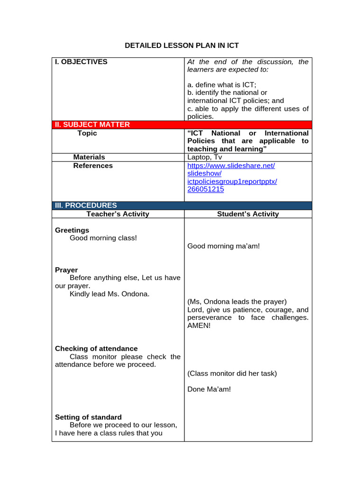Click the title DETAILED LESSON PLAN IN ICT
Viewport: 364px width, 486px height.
pyautogui.click(x=182, y=46)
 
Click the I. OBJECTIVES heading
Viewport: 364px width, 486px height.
pyautogui.click(x=81, y=62)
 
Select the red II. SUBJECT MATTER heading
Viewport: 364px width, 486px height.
pyautogui.click(x=92, y=125)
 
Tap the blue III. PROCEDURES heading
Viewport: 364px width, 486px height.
pyautogui.click(x=86, y=206)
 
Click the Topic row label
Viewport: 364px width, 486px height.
pyautogui.click(x=87, y=133)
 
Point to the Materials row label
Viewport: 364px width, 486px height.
pyautogui.click(x=89, y=157)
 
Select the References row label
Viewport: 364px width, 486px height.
pyautogui.click(x=93, y=166)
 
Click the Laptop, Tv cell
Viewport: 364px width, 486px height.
pyautogui.click(x=205, y=157)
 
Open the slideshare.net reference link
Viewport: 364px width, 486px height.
pyautogui.click(x=231, y=166)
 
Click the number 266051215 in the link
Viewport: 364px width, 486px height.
pyautogui.click(x=206, y=189)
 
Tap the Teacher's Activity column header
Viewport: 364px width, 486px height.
pyautogui.click(x=118, y=214)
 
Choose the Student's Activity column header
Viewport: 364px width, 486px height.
pyautogui.click(x=248, y=214)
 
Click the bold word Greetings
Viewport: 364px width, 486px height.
pyautogui.click(x=72, y=230)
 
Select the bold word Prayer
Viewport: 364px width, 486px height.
pyautogui.click(x=66, y=270)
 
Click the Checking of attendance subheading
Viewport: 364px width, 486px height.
pyautogui.click(x=96, y=348)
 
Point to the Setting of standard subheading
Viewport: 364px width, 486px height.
pyautogui.click(x=88, y=417)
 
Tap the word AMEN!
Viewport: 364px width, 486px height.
pyautogui.click(x=199, y=326)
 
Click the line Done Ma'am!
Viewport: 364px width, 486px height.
pyautogui.click(x=209, y=389)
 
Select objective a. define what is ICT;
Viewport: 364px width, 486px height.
pyautogui.click(x=222, y=85)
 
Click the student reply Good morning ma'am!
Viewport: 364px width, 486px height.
pyautogui.click(x=224, y=246)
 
